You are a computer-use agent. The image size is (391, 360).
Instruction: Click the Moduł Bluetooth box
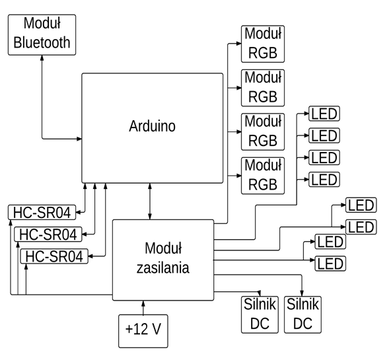[42, 34]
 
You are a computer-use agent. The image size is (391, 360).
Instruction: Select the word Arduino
[152, 126]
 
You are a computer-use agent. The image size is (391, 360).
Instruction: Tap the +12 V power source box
[143, 329]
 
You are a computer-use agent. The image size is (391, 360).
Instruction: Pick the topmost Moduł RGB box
[262, 44]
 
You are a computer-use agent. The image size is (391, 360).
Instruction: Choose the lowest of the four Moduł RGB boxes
[262, 176]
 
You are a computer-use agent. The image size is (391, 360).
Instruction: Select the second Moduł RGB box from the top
[262, 87]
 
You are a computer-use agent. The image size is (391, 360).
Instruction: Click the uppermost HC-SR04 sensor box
[42, 213]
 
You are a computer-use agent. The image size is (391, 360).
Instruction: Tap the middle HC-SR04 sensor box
[48, 234]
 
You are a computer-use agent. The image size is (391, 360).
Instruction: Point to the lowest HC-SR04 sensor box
[54, 256]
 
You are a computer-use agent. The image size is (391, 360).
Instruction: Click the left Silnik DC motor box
[260, 314]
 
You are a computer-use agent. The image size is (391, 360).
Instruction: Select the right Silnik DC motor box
[303, 314]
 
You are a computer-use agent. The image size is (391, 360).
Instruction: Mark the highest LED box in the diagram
[324, 114]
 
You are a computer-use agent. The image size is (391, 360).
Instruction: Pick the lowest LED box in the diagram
[330, 264]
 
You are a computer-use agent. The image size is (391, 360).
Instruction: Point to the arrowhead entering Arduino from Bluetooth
[79, 139]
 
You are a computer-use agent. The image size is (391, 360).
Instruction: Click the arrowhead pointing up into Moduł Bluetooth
[42, 57]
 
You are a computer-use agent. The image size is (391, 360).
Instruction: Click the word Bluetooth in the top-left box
[42, 43]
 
